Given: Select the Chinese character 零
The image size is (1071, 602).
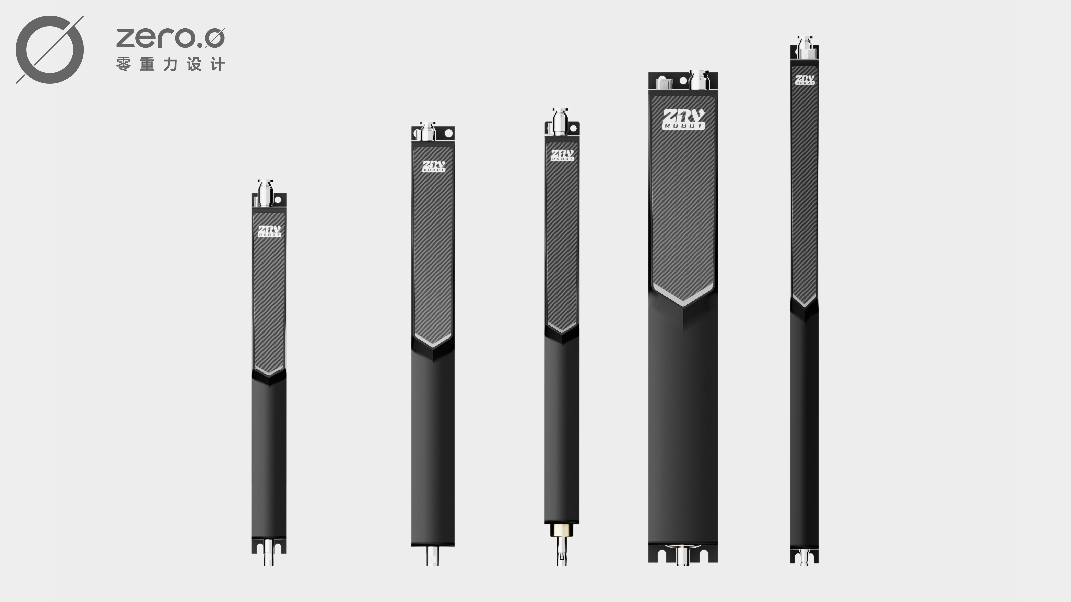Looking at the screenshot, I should click(123, 65).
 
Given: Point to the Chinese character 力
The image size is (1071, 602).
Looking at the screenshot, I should click(170, 65).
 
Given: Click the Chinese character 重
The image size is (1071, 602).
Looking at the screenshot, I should click(147, 65).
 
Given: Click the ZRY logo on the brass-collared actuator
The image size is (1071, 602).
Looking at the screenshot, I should click(562, 156).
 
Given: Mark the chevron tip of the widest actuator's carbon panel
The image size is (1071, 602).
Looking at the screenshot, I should click(683, 305).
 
